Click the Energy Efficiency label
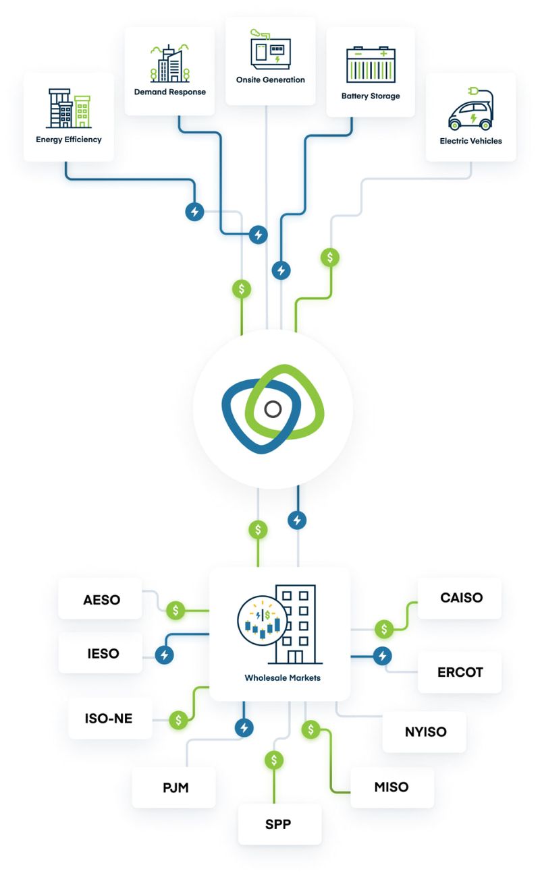point(69,140)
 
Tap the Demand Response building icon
point(169,64)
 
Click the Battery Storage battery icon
point(371,65)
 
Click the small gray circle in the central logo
point(273,409)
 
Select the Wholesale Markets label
point(282,677)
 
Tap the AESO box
point(101,599)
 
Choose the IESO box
point(101,653)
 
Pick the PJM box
point(173,787)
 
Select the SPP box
point(279,824)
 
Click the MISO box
point(391,787)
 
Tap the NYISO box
point(425,731)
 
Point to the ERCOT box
point(460,672)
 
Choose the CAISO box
point(460,597)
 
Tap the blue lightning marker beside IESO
point(165,655)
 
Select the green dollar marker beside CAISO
point(384,629)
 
